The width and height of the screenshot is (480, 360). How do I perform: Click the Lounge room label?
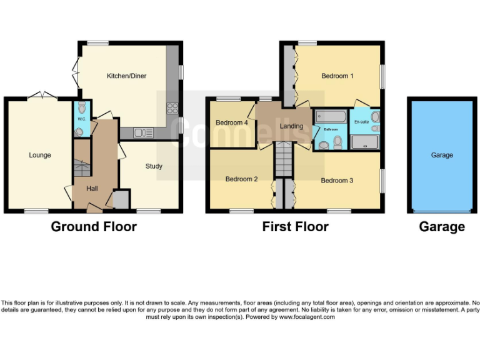pos(40,155)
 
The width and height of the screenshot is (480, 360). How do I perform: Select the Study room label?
pos(154,166)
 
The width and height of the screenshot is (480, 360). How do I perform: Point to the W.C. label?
pos(81,118)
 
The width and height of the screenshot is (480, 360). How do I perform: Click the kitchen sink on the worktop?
pos(143,132)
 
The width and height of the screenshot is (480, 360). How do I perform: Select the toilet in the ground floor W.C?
pos(80,108)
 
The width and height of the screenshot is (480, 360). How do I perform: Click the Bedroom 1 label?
pos(337,76)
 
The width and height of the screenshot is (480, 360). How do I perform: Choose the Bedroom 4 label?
pos(232,122)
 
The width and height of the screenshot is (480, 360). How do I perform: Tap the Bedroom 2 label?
pos(242,179)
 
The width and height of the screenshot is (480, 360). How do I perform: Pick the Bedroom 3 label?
pos(337,181)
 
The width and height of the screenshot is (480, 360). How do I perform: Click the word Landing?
pos(291,126)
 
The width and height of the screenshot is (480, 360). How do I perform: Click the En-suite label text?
pos(361,122)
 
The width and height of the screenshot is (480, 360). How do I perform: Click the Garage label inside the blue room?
pos(442,155)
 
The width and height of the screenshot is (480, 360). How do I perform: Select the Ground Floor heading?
pos(94,227)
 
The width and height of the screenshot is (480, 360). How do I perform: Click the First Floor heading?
pos(295,227)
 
